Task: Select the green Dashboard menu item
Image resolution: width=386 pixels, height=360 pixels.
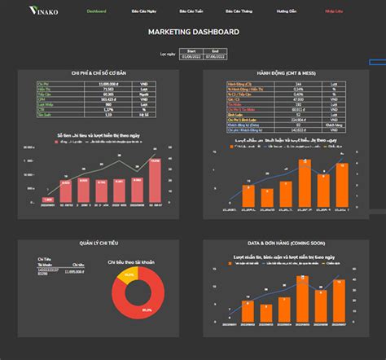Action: (96, 11)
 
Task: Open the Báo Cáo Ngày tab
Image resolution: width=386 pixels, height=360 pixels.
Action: (143, 11)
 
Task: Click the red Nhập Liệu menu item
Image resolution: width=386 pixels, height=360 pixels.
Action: (334, 11)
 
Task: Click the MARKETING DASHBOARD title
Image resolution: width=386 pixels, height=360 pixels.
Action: (193, 32)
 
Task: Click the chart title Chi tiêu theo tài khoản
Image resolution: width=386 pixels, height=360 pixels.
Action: (135, 262)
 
